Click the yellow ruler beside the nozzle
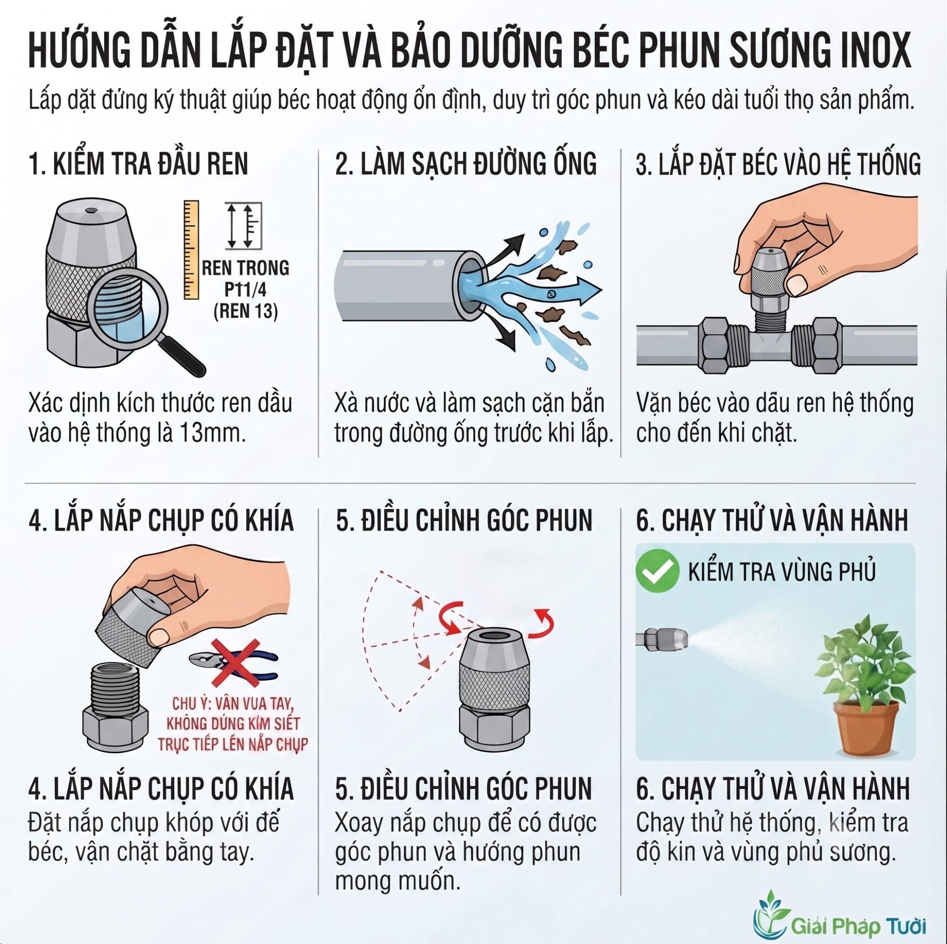(191, 249)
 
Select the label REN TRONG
(246, 268)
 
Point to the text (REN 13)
(246, 311)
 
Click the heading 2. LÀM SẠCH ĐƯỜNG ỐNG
(466, 164)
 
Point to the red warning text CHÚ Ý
(233, 724)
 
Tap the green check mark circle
(657, 570)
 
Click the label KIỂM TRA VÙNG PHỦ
(782, 571)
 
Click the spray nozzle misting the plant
(662, 640)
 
